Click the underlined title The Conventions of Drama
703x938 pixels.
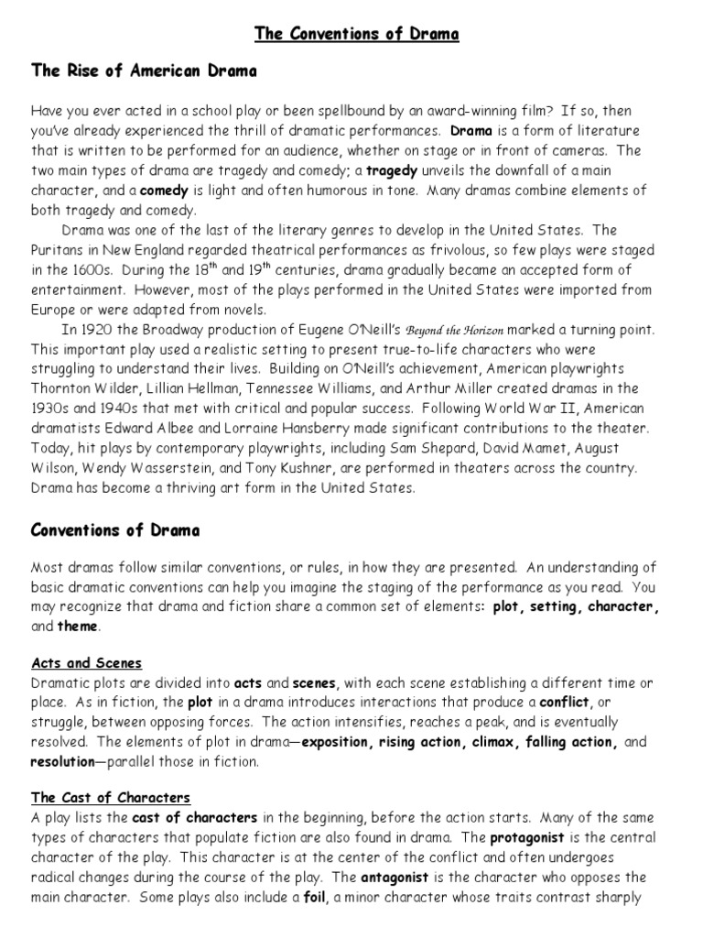[x=356, y=35]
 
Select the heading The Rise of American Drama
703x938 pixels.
[x=144, y=71]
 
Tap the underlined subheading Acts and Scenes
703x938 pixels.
[x=87, y=663]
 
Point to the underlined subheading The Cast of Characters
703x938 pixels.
[x=111, y=797]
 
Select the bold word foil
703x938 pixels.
[x=315, y=898]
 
